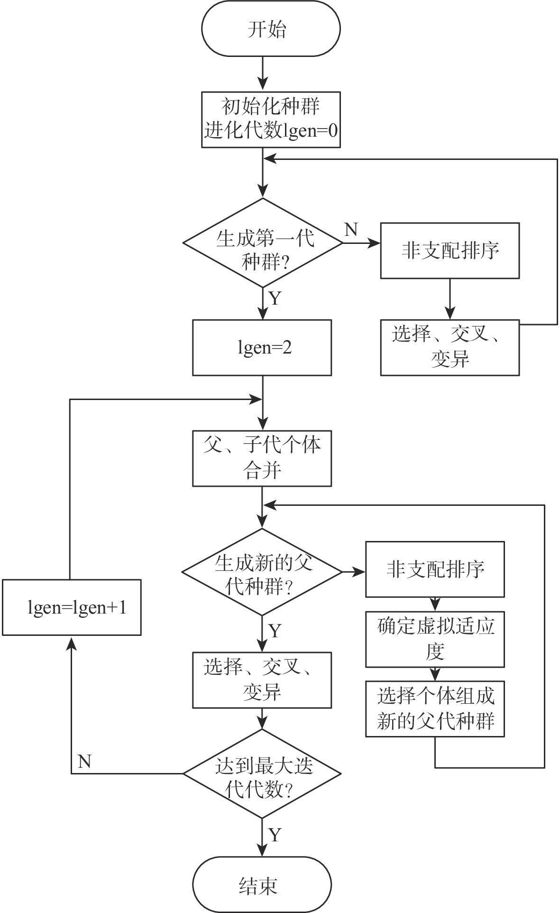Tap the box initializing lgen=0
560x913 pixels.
(x=271, y=120)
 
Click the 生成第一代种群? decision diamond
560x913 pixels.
(x=263, y=243)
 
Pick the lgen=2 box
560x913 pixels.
(x=262, y=348)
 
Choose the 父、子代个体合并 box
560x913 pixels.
(x=262, y=458)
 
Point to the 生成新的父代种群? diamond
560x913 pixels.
(x=262, y=572)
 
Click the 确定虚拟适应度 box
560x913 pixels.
(x=435, y=639)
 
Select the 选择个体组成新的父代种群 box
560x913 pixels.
(x=435, y=709)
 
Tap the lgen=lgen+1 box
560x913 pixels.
(x=72, y=607)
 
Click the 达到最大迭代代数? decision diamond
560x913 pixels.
(x=262, y=773)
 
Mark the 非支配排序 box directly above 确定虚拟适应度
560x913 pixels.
(x=435, y=569)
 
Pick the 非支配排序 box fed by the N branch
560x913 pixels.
(x=450, y=251)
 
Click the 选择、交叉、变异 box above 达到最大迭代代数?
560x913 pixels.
(x=262, y=680)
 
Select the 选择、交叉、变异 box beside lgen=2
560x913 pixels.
(x=450, y=347)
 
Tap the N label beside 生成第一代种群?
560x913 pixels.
(x=351, y=230)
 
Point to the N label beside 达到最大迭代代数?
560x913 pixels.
(x=84, y=761)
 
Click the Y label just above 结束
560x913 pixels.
(x=275, y=834)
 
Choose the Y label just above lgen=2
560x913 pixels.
(x=275, y=299)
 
